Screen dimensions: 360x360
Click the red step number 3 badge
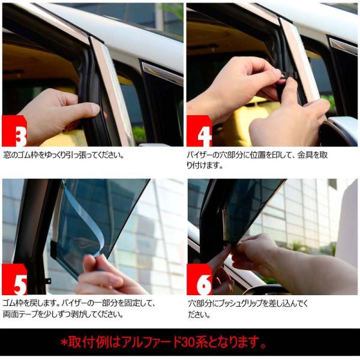click(14, 131)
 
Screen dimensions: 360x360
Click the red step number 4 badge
click(199, 131)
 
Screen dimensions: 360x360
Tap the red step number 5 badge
click(14, 279)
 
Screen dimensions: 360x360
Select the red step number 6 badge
click(199, 279)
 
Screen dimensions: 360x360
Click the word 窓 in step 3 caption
click(7, 155)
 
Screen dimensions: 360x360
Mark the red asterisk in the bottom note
click(64, 343)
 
